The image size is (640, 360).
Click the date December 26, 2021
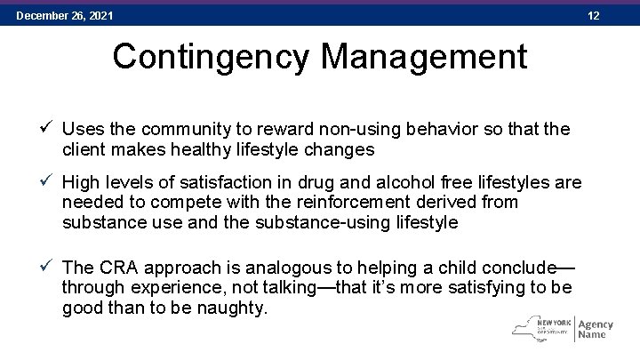[x=64, y=15]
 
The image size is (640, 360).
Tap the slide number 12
[x=620, y=15]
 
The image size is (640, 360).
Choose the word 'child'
[x=462, y=268]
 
